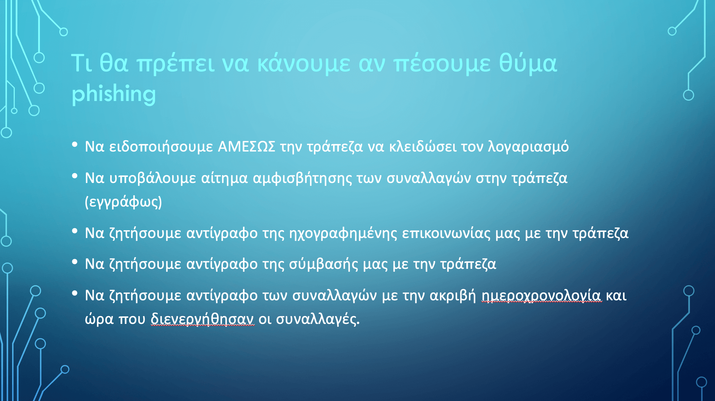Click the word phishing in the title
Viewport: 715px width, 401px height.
click(114, 94)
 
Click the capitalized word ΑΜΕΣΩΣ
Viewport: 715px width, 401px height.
click(247, 147)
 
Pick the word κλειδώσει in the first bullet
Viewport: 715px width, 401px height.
click(423, 146)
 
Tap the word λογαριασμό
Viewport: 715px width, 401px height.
click(528, 147)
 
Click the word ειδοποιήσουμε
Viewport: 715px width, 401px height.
click(161, 147)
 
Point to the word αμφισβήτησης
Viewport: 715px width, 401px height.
click(302, 178)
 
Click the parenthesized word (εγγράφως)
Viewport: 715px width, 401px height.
click(123, 202)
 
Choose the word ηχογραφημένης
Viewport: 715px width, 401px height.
click(343, 233)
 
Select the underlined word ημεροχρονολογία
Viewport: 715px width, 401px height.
click(541, 295)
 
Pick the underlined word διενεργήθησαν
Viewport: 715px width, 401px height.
click(202, 319)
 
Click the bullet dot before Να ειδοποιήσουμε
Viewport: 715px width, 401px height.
click(75, 145)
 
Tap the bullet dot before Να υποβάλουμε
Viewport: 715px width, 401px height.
click(75, 176)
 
